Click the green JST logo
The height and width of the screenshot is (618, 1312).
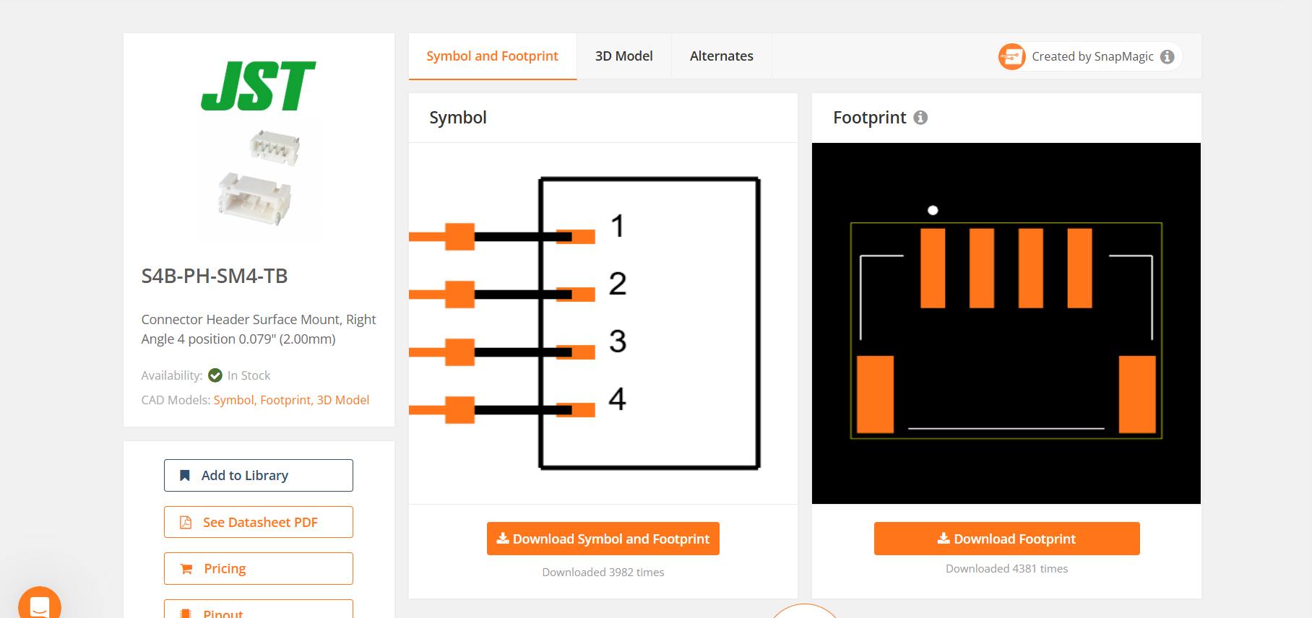pyautogui.click(x=258, y=86)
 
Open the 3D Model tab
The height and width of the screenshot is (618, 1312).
pyautogui.click(x=623, y=56)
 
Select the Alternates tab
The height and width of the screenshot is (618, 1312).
pyautogui.click(x=721, y=56)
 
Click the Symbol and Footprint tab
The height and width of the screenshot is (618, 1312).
pyautogui.click(x=492, y=56)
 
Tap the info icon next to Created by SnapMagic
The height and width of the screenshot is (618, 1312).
pyautogui.click(x=1167, y=57)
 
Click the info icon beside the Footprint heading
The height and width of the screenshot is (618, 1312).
pyautogui.click(x=920, y=118)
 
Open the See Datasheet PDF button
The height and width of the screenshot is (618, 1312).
pyautogui.click(x=259, y=522)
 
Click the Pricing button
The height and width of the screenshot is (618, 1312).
pyautogui.click(x=259, y=568)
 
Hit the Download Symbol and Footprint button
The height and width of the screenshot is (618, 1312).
pyautogui.click(x=603, y=539)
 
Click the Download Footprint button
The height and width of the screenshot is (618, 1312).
pyautogui.click(x=1006, y=539)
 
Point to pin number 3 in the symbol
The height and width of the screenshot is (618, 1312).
pyautogui.click(x=616, y=341)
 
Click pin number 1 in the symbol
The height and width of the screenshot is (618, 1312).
pyautogui.click(x=616, y=226)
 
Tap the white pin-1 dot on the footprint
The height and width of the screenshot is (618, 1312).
pyautogui.click(x=933, y=210)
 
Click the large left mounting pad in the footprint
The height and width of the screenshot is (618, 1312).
pyautogui.click(x=875, y=394)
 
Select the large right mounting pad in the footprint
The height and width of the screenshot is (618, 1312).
pyautogui.click(x=1137, y=394)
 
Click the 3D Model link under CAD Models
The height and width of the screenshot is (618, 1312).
pyautogui.click(x=343, y=400)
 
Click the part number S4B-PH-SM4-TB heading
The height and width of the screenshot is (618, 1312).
pyautogui.click(x=215, y=276)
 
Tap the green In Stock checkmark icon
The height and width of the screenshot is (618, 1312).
pyautogui.click(x=215, y=375)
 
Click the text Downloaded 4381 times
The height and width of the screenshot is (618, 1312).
pyautogui.click(x=1006, y=569)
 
